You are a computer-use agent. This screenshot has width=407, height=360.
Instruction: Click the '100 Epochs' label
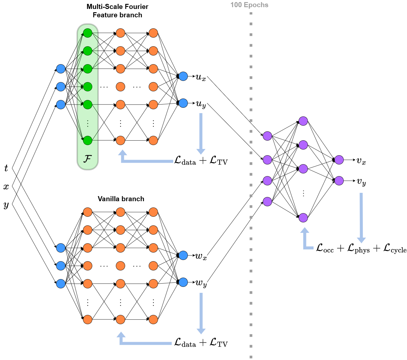249,5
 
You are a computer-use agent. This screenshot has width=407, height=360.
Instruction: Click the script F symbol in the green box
87,159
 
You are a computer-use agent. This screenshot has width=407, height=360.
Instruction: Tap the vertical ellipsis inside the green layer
87,123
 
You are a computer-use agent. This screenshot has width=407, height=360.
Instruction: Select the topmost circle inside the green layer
87,33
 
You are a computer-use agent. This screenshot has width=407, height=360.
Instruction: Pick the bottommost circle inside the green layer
87,140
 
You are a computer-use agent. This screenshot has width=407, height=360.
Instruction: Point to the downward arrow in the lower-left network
201,313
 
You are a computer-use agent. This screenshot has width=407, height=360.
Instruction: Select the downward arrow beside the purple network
361,218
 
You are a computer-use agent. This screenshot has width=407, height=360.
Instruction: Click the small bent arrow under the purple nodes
306,240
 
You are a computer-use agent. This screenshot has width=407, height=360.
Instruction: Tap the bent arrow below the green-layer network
143,160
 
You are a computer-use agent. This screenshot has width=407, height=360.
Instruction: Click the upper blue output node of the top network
183,76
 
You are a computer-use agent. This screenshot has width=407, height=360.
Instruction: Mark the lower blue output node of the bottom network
183,282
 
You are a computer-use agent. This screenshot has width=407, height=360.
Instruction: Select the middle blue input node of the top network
61,87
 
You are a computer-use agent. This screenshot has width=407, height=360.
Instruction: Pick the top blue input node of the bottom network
61,248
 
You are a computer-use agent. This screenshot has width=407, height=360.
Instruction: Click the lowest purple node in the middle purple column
303,218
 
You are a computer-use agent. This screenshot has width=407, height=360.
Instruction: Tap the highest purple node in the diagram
303,121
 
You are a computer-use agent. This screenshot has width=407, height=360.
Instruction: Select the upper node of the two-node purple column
339,160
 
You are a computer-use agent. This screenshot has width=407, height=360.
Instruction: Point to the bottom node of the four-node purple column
267,201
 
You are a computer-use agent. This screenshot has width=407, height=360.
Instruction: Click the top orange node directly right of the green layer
120,33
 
